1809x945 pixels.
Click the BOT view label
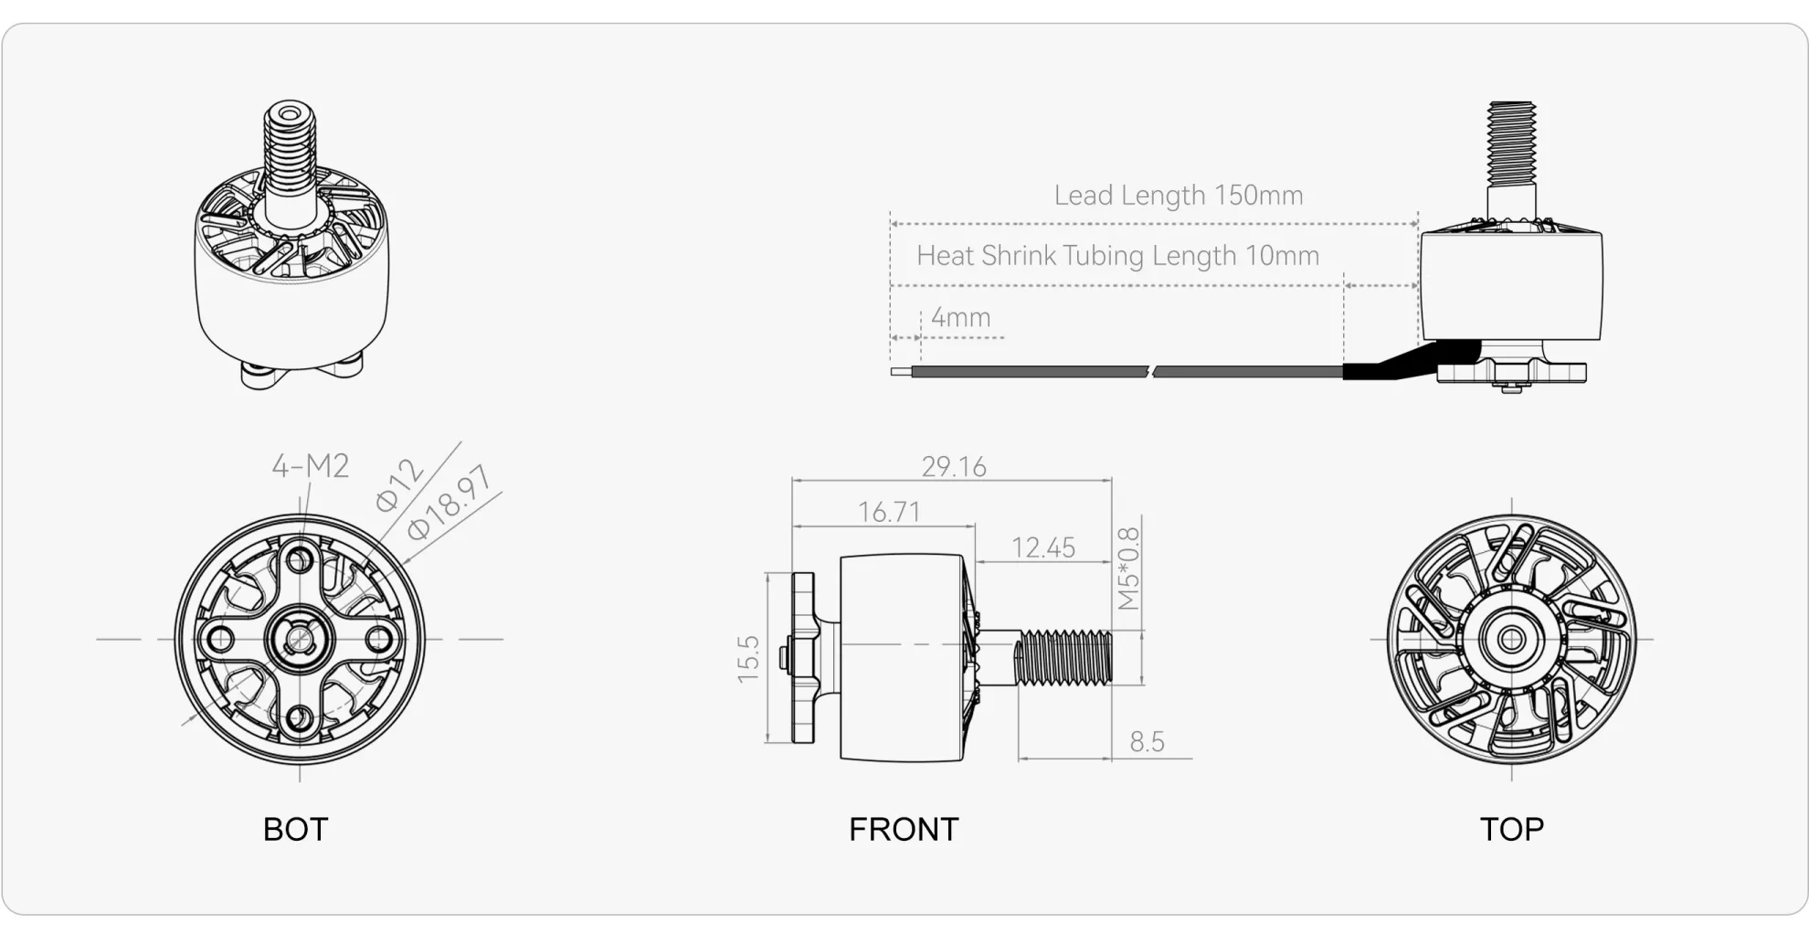[x=295, y=829]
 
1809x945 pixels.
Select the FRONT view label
[x=904, y=829]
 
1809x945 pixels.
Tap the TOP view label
[x=1512, y=829]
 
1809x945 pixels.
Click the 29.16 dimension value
[x=954, y=466]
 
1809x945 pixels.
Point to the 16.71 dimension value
[x=889, y=512]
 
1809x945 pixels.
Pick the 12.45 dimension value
[x=1043, y=547]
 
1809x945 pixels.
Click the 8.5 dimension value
[x=1147, y=741]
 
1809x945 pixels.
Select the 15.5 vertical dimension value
[x=748, y=658]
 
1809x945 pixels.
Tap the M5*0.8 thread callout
[x=1128, y=568]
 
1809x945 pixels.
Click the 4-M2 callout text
[x=311, y=466]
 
